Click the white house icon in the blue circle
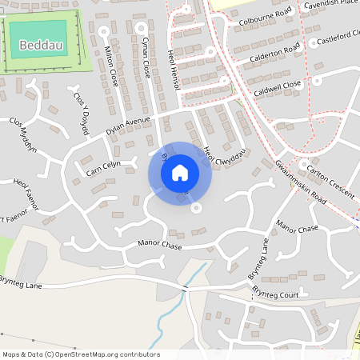point(180,172)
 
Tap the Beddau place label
point(40,45)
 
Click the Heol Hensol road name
point(172,62)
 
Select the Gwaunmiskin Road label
point(300,180)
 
